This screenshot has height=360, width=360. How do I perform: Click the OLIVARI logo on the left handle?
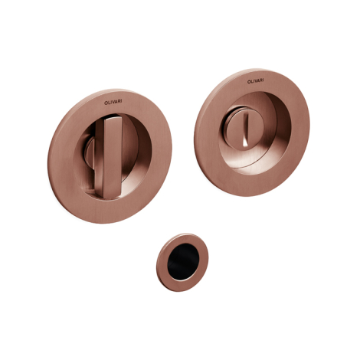[113, 102]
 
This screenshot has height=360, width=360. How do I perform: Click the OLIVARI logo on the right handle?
[255, 81]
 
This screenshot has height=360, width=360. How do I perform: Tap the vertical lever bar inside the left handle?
[112, 157]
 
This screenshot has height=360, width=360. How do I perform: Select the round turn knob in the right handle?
[241, 133]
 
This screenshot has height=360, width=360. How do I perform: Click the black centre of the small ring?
[183, 260]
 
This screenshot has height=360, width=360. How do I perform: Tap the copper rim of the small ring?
[162, 263]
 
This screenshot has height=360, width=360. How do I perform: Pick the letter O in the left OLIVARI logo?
[106, 103]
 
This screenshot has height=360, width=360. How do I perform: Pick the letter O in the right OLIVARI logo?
[248, 82]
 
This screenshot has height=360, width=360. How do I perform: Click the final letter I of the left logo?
[121, 101]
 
